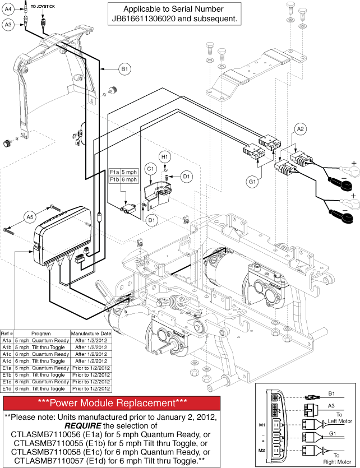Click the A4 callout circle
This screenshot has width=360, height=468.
(x=8, y=10)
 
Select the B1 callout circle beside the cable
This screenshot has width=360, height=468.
(x=124, y=69)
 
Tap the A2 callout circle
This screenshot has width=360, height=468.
(x=301, y=129)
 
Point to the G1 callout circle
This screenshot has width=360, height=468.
(x=252, y=181)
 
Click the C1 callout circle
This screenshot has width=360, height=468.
(x=150, y=169)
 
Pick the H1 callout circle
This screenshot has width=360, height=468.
(x=164, y=157)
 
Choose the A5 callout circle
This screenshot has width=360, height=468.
(x=30, y=217)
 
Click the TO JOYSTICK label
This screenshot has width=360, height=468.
(x=43, y=6)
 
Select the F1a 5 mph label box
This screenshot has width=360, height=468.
(x=123, y=172)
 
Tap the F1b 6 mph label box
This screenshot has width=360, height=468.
(x=123, y=179)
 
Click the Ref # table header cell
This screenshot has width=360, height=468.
(x=7, y=333)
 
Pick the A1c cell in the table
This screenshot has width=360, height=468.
(x=7, y=354)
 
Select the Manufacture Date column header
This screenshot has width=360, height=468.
(x=91, y=333)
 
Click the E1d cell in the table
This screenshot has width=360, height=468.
(x=7, y=389)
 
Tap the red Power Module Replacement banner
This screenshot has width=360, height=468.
(x=112, y=403)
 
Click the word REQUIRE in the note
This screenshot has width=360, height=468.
(x=82, y=425)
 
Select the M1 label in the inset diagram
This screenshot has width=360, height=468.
(x=262, y=425)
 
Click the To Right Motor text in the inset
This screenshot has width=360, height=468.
(x=337, y=458)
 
